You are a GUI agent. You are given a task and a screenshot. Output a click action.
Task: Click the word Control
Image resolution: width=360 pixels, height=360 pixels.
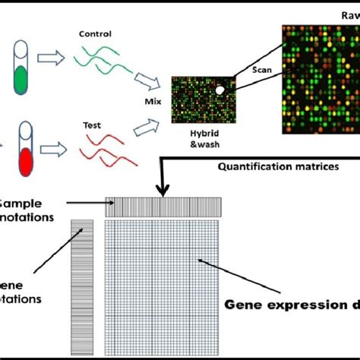[x=95, y=34]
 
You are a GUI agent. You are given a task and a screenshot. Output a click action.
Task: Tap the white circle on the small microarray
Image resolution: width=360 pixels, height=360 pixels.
[x=221, y=90]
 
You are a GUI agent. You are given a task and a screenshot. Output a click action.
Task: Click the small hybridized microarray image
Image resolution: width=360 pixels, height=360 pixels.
[x=200, y=103]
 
